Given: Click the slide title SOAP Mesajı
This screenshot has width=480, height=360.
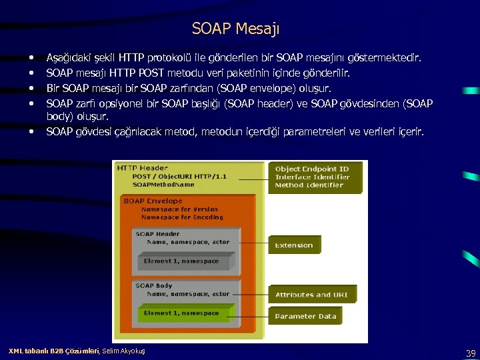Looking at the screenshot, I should click(236, 29).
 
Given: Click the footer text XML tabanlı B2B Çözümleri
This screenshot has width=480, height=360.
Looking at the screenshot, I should click(53, 351).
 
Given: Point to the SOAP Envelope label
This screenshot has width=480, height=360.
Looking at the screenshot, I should click(153, 201).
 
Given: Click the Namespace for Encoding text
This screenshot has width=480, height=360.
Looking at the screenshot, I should click(181, 217).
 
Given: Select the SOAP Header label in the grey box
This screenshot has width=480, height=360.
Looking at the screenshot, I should click(157, 234).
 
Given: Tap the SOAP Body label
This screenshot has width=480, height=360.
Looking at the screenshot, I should click(154, 285).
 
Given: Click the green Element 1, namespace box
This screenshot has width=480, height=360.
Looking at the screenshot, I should click(181, 313).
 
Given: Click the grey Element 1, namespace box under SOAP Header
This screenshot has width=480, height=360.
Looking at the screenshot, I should click(181, 261).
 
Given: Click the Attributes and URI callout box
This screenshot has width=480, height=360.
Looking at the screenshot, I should click(313, 295).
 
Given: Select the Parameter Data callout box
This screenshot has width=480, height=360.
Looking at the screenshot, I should click(305, 316).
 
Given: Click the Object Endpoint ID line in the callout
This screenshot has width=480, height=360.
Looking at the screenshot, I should click(311, 169).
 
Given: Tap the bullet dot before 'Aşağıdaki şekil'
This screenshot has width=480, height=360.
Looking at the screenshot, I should click(33, 59).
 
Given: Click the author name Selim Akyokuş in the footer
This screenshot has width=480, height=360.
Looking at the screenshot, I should click(123, 351).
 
